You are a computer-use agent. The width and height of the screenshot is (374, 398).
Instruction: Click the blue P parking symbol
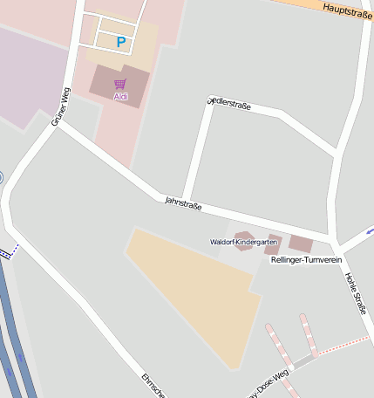121,42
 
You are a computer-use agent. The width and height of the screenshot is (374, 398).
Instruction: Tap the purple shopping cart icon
119,85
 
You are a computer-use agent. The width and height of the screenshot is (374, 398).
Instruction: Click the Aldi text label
120,97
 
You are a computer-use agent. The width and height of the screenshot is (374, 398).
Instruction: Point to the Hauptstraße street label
347,10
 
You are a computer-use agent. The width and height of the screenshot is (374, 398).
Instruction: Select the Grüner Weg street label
60,106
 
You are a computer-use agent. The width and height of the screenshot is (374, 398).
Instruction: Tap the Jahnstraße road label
183,204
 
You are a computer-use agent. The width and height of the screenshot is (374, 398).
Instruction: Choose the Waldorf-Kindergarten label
244,242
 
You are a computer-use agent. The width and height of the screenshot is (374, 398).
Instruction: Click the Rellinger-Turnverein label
305,260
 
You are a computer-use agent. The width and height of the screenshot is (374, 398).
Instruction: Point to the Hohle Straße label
356,293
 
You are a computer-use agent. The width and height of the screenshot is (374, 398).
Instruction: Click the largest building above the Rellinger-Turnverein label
300,244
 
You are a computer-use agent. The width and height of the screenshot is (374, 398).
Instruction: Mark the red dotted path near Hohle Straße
343,345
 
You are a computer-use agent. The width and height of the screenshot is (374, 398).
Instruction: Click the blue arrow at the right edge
369,231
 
